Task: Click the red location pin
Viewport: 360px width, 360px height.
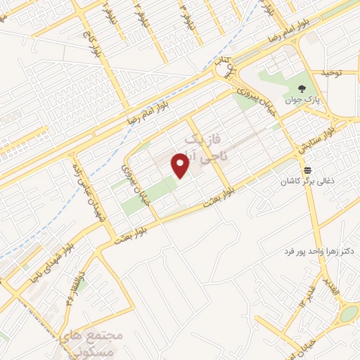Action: click(x=181, y=166)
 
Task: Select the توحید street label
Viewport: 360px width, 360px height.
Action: click(x=330, y=73)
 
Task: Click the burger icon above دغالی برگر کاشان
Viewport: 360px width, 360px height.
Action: click(x=308, y=170)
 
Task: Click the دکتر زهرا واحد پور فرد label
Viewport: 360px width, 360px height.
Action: click(x=319, y=251)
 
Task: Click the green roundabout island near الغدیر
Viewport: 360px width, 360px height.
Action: click(x=348, y=314)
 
